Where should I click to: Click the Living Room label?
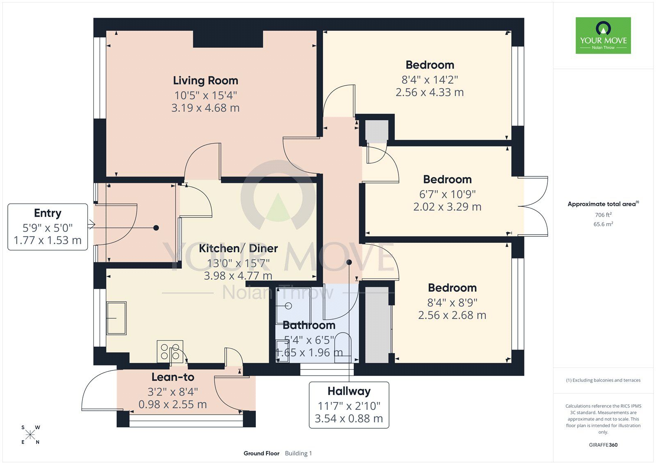[205, 80]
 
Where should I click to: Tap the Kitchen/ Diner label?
[238, 248]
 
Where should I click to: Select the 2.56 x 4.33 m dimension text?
[429, 92]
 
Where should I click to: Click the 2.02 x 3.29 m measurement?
[447, 207]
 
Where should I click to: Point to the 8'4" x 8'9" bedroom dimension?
[452, 302]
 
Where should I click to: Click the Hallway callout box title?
[348, 391]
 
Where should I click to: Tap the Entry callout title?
[48, 213]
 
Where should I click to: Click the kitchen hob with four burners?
[170, 352]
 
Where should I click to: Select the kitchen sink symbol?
[116, 318]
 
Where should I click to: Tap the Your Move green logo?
[603, 35]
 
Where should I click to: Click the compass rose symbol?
[30, 435]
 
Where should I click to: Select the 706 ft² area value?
[603, 215]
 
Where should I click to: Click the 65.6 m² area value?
[603, 224]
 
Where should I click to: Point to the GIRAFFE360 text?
[603, 445]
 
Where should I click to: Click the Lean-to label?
[173, 377]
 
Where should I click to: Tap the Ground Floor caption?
[261, 453]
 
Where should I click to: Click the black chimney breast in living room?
[228, 39]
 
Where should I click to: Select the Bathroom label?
[309, 325]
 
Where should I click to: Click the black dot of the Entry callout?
[156, 228]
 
